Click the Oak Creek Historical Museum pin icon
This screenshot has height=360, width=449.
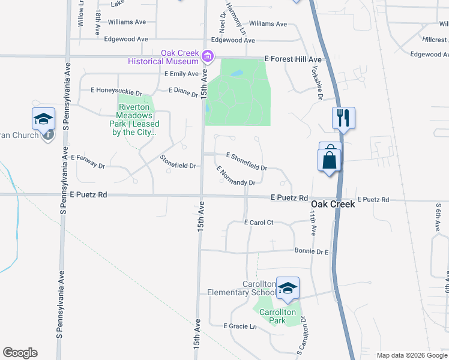[x=208, y=57]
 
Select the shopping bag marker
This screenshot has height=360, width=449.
[x=329, y=160]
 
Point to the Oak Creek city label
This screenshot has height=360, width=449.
[x=333, y=204]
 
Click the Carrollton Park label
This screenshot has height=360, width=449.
[x=277, y=316]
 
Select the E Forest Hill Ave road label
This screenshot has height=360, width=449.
[x=294, y=60]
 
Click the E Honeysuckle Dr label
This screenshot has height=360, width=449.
[x=116, y=91]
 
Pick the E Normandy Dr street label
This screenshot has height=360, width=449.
[x=237, y=176]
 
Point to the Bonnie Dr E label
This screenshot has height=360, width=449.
[x=312, y=251]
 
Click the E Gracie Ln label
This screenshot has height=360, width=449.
[x=240, y=326]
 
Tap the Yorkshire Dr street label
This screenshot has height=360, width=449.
[x=314, y=80]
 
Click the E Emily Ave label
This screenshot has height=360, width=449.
[x=181, y=74]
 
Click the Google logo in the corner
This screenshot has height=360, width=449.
[x=20, y=353]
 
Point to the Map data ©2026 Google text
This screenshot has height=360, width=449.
[x=411, y=355]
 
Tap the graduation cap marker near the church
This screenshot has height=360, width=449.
[x=43, y=118]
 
